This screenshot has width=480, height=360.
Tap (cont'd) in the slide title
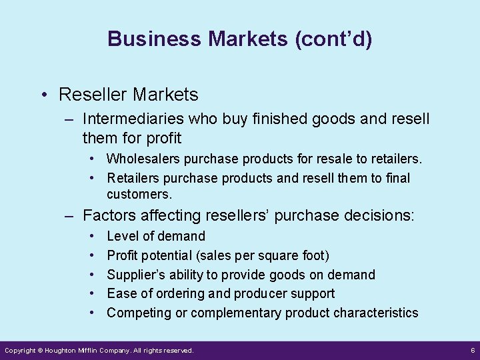pos(331,39)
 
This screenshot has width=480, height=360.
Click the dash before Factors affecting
pos(69,215)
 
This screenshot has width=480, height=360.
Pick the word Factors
pos(107,215)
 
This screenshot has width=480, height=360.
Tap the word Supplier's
pos(135,275)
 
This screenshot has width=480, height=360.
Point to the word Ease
pos(121,293)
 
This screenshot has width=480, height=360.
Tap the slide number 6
pos(471,350)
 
